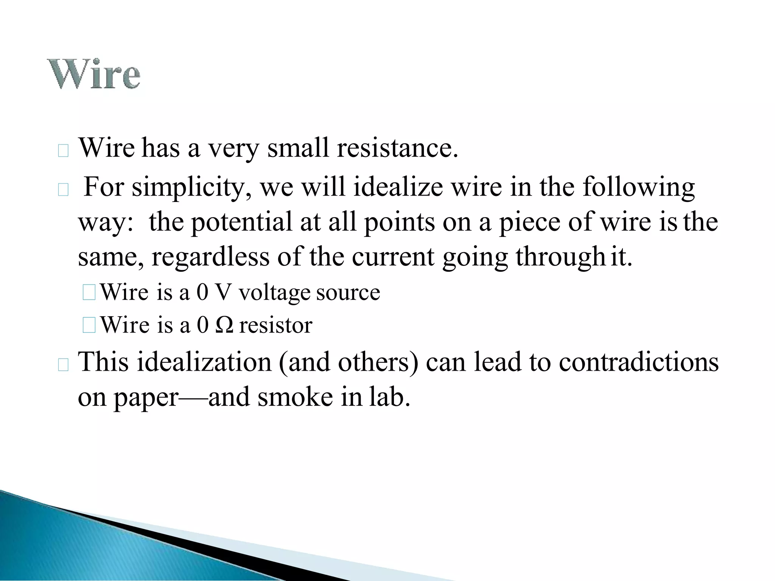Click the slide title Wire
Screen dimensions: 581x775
click(x=93, y=74)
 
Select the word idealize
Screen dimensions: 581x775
click(x=398, y=187)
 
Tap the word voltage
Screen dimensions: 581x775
click(x=274, y=292)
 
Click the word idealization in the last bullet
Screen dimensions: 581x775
click(x=204, y=362)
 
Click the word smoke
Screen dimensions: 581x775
click(x=295, y=397)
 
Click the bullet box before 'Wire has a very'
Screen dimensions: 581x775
click(x=63, y=151)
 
